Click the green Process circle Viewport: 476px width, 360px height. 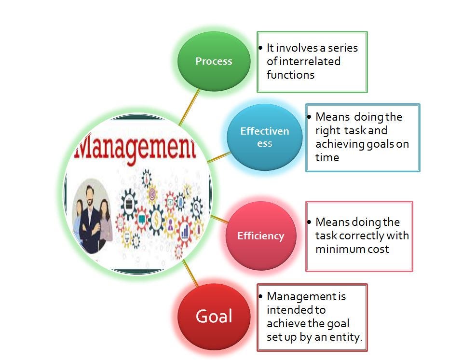click(x=214, y=61)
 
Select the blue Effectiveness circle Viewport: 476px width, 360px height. click(x=264, y=137)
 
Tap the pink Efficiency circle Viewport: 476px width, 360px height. click(x=261, y=235)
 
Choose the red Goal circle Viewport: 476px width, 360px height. click(x=214, y=316)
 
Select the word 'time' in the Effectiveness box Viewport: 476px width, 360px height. click(x=327, y=157)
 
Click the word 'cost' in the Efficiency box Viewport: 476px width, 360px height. click(x=378, y=249)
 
